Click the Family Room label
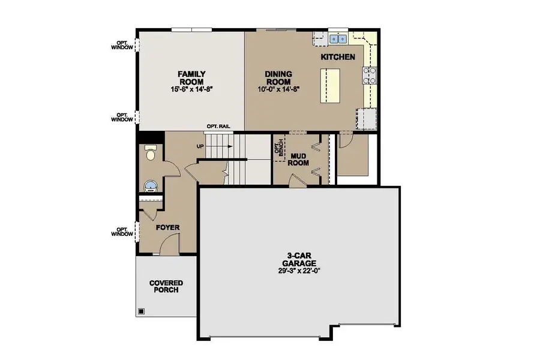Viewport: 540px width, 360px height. [x=191, y=78]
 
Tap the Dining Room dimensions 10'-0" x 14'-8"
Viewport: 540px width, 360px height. [x=278, y=89]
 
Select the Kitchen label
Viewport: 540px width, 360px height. [x=338, y=57]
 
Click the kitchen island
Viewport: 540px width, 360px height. [x=330, y=85]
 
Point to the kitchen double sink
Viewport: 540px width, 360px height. [x=338, y=39]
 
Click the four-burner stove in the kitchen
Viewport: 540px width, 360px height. [x=369, y=76]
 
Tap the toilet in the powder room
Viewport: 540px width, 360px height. [x=151, y=152]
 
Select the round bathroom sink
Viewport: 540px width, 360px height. [x=151, y=187]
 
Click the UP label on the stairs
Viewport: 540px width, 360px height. [x=200, y=146]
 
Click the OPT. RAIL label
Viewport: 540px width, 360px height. [x=218, y=127]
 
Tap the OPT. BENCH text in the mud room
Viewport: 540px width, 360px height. [x=279, y=148]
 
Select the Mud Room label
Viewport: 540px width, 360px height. [x=298, y=160]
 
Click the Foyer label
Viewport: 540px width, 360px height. [x=168, y=228]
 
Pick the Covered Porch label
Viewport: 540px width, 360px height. [x=166, y=287]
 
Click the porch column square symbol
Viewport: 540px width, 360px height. [x=141, y=312]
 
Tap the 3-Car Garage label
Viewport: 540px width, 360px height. [x=299, y=259]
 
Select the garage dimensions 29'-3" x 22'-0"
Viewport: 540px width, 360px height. [x=299, y=271]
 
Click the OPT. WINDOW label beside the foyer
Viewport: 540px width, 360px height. [x=122, y=232]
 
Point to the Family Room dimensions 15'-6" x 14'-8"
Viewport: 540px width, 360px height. [x=191, y=89]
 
